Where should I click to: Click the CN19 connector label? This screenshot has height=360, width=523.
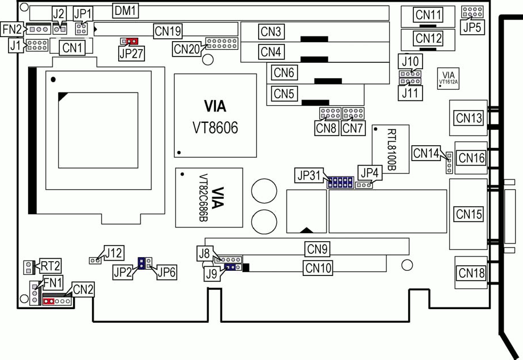(167, 30)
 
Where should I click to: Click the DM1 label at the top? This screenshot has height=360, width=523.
(125, 11)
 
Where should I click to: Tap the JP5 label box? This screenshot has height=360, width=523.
(472, 26)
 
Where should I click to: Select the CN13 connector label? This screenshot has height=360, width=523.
(469, 118)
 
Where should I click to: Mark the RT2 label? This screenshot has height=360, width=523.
(50, 266)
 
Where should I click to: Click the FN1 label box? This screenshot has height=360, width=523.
(53, 281)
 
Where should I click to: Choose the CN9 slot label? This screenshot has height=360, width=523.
(317, 249)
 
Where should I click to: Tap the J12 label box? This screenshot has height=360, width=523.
(114, 252)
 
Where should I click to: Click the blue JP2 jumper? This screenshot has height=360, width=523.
(140, 263)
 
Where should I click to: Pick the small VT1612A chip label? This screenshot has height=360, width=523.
(449, 78)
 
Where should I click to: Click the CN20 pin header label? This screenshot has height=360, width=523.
(187, 49)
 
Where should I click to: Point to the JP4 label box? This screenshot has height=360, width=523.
(368, 171)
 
